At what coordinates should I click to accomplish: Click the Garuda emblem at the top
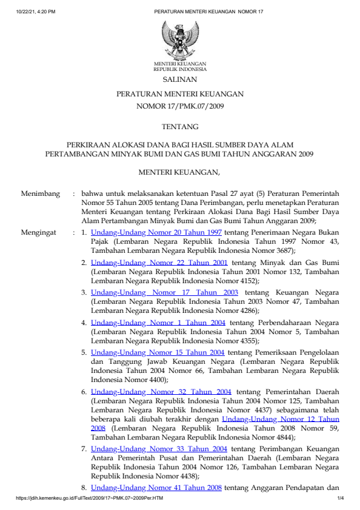point(180,39)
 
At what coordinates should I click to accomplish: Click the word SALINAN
point(179,79)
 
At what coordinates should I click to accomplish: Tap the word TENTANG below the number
point(180,127)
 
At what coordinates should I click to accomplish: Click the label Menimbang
point(41,194)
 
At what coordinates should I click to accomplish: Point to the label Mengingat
point(39,232)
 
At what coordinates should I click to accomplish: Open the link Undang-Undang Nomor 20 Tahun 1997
point(156,232)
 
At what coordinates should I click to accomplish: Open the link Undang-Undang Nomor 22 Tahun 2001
point(159,263)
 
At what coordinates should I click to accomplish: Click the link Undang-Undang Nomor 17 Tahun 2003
point(164,292)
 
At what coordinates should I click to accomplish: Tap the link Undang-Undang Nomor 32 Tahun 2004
point(161,392)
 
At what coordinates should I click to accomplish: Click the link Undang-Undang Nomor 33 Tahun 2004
point(159,449)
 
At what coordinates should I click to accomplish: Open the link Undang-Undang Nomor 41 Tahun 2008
point(156,488)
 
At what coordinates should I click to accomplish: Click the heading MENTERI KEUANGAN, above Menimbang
point(179,173)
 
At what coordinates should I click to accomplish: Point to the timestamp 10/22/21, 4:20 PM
point(36,12)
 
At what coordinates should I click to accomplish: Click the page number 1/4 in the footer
point(340,498)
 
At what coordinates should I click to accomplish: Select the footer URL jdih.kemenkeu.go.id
point(90,498)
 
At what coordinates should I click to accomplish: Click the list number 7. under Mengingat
point(84,449)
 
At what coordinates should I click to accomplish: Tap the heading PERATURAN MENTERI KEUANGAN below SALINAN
point(180,94)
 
